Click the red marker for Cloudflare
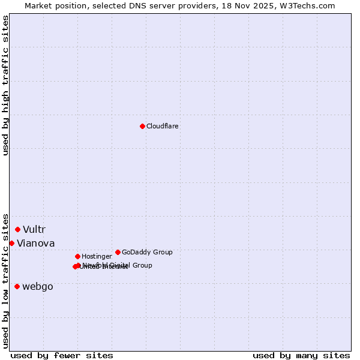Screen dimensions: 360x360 pyautogui.click(x=142, y=126)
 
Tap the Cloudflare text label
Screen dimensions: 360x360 pyautogui.click(x=162, y=127)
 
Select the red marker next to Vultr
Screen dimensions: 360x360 pyautogui.click(x=18, y=229)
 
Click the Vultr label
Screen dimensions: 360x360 pyautogui.click(x=34, y=230)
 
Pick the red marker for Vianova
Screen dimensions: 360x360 pyautogui.click(x=11, y=243)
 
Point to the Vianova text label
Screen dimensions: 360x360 pyautogui.click(x=36, y=244)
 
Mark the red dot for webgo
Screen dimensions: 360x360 pyautogui.click(x=17, y=286)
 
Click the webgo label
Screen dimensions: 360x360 pyautogui.click(x=38, y=287)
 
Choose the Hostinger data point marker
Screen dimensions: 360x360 pyautogui.click(x=77, y=256)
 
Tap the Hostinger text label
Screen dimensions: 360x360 pyautogui.click(x=97, y=257)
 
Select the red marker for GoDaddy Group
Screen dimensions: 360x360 pyautogui.click(x=118, y=252)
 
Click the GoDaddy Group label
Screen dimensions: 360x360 pyautogui.click(x=147, y=253)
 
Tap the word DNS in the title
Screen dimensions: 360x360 pyautogui.click(x=135, y=5)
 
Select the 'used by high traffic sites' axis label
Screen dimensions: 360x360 pyautogui.click(x=5, y=85)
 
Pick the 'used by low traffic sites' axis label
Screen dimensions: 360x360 pyautogui.click(x=5, y=280)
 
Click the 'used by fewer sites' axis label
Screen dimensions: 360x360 pyautogui.click(x=62, y=356)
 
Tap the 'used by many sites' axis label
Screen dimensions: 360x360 pyautogui.click(x=301, y=356)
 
